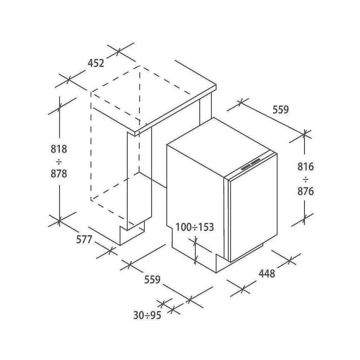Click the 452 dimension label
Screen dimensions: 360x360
96,63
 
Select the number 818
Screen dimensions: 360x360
58,149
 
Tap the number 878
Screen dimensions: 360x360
58,174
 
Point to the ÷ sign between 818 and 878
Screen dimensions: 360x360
58,161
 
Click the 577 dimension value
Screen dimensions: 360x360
84,240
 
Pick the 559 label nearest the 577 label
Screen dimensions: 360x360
152,279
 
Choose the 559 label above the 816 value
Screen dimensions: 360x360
280,110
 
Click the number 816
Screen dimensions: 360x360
305,166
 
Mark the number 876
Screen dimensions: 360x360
305,191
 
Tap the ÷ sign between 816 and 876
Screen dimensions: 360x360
305,179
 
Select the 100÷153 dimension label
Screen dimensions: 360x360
195,227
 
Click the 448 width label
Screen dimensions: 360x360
267,273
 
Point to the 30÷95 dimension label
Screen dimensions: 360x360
147,315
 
